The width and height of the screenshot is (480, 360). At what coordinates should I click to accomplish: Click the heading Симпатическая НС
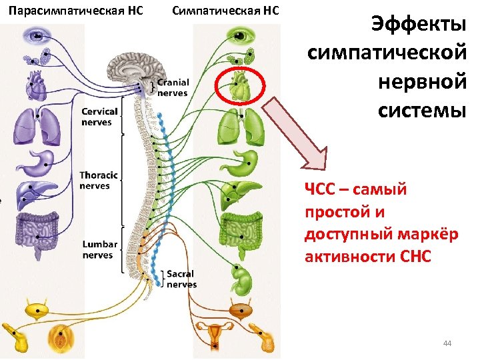(x=225, y=11)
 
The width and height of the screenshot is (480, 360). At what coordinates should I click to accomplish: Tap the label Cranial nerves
(x=173, y=87)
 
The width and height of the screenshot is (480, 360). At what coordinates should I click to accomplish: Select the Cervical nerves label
(x=99, y=117)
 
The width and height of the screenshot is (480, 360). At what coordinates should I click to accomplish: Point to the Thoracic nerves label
(x=98, y=180)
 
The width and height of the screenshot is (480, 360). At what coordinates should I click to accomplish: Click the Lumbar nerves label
(x=99, y=250)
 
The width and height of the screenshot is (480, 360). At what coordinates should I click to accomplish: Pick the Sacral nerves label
(x=181, y=279)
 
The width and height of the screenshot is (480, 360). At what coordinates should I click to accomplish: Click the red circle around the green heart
(x=241, y=85)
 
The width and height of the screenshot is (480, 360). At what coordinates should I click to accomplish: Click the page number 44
(x=447, y=343)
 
